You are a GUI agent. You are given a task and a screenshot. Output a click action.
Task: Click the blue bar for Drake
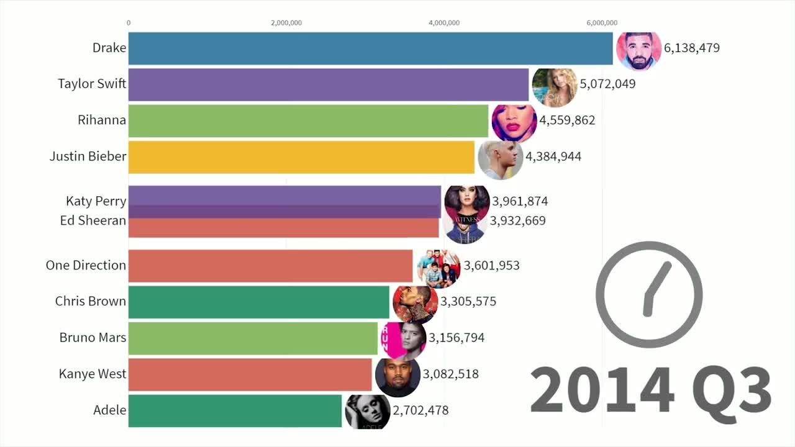370,48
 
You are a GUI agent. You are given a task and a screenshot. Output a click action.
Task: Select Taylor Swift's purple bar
328,84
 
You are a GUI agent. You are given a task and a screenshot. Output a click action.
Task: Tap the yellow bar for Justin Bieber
301,157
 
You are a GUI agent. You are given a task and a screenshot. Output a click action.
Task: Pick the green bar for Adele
235,410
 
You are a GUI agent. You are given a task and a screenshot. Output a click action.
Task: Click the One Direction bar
270,266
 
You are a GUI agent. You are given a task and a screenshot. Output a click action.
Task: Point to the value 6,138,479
692,48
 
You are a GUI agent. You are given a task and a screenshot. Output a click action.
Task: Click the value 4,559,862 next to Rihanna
567,120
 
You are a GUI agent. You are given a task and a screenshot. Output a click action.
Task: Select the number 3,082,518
450,374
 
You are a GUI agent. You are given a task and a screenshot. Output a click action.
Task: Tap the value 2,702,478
420,410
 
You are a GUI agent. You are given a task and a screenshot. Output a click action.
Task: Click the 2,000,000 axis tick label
286,23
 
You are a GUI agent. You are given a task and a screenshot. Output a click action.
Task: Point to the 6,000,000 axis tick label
602,23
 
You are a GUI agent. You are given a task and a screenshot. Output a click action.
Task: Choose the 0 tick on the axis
129,23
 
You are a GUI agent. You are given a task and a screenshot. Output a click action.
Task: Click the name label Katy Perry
96,201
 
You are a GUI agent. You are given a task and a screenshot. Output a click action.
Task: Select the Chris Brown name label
91,302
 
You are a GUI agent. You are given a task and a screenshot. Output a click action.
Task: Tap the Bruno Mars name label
93,338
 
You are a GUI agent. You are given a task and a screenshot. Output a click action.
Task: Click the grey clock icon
649,295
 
